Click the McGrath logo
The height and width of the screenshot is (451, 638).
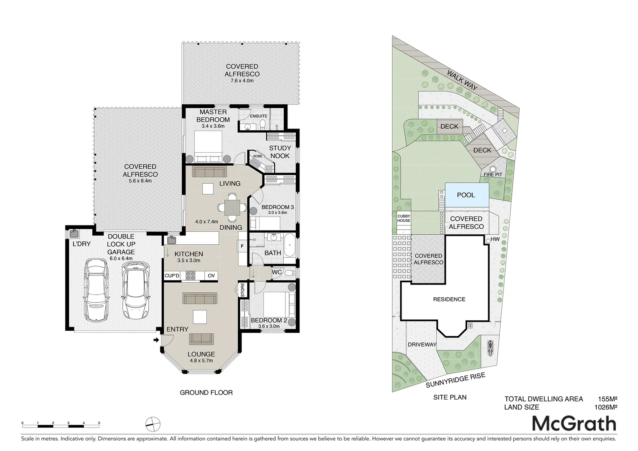(x=574, y=424)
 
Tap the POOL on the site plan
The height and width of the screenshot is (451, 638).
(x=466, y=195)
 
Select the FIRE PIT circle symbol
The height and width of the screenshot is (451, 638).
(x=493, y=169)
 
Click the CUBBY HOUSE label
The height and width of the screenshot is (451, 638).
(x=404, y=218)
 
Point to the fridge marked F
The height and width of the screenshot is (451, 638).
(x=242, y=246)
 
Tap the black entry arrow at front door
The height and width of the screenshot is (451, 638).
(x=156, y=340)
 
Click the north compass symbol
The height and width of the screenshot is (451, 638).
(x=153, y=424)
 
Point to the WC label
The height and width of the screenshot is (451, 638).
(x=277, y=272)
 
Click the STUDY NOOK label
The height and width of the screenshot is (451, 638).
(x=280, y=152)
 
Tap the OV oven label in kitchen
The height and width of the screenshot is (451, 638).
(x=211, y=276)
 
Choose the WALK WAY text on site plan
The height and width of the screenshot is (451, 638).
(x=462, y=80)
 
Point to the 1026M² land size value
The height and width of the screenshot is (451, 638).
(x=605, y=407)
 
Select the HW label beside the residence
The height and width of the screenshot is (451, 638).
(x=495, y=239)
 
